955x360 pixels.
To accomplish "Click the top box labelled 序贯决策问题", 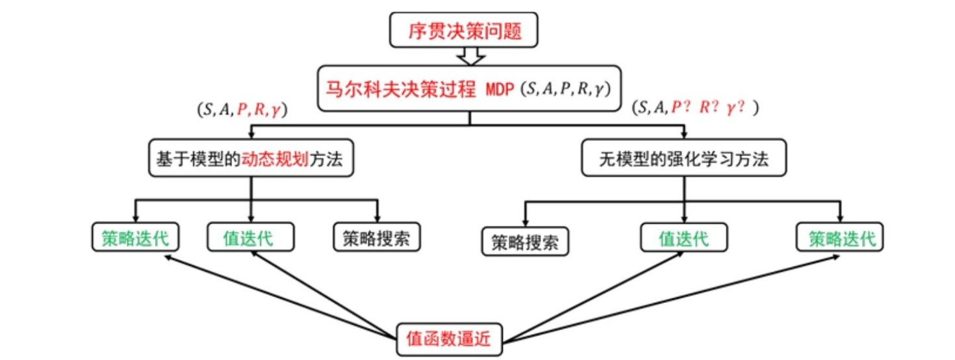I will (x=464, y=31).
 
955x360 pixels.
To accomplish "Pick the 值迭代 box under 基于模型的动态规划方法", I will (x=251, y=238).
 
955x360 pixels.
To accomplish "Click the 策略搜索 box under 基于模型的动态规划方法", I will (x=376, y=238).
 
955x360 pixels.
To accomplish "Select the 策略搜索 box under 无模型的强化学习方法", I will (x=526, y=242).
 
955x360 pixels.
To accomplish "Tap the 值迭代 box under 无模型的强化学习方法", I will (x=683, y=238).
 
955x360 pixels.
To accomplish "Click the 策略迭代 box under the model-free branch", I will (x=841, y=238).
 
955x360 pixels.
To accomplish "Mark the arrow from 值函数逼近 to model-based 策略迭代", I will (x=279, y=296).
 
